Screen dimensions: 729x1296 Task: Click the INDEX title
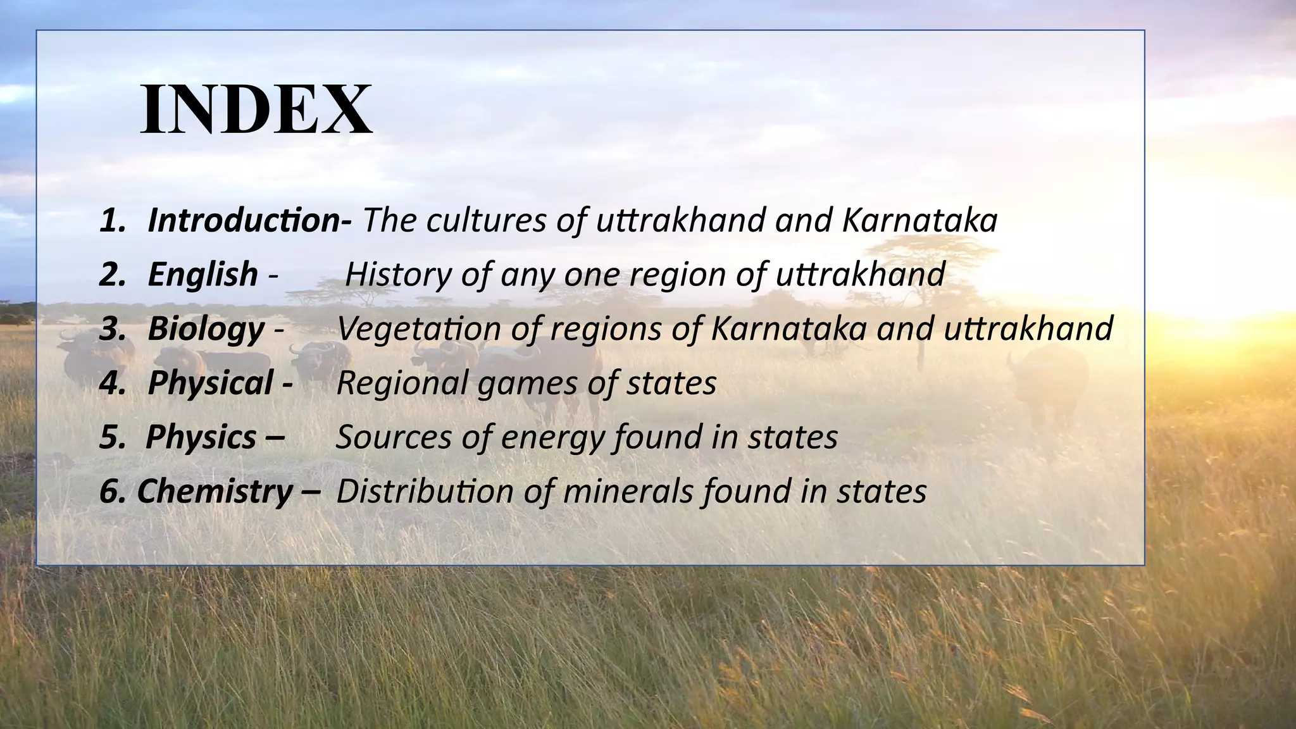pos(256,109)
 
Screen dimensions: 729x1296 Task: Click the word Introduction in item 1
pos(244,220)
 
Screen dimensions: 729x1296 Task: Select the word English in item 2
pos(202,275)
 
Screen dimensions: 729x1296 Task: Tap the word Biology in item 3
pos(206,329)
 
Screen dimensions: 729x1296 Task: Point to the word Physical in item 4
pos(210,383)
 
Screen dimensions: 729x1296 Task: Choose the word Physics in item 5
pos(201,437)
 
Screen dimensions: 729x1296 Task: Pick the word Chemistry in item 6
pos(215,492)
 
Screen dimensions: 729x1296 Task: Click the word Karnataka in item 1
pos(920,220)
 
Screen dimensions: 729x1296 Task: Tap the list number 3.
pos(112,329)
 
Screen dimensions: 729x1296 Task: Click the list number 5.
pos(112,437)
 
